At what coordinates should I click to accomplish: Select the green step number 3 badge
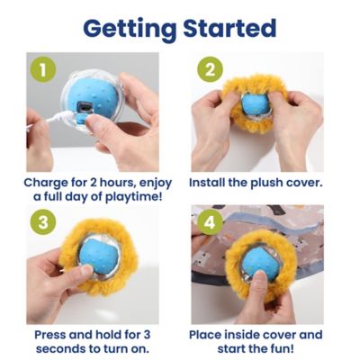[x=40, y=221]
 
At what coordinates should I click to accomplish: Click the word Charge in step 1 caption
[x=47, y=182]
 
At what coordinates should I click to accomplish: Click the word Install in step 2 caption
[x=208, y=182]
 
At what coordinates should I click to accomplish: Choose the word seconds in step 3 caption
[x=59, y=348]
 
